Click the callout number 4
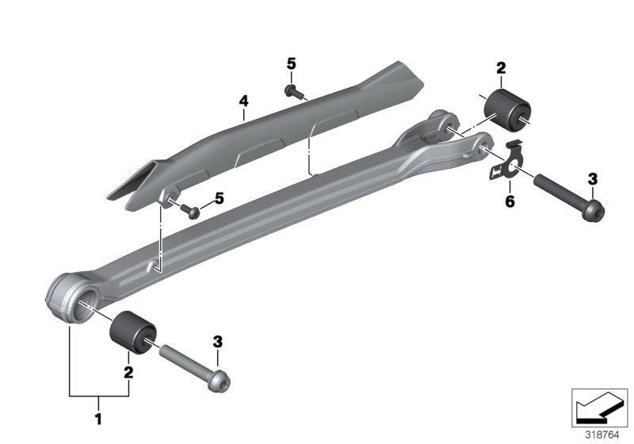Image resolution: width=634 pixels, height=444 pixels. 244,101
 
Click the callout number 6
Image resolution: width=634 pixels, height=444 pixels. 510,202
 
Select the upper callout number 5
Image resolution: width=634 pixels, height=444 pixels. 290,63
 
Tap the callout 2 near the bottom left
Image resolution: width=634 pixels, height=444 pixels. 127,370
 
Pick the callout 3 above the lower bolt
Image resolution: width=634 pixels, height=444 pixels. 218,342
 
